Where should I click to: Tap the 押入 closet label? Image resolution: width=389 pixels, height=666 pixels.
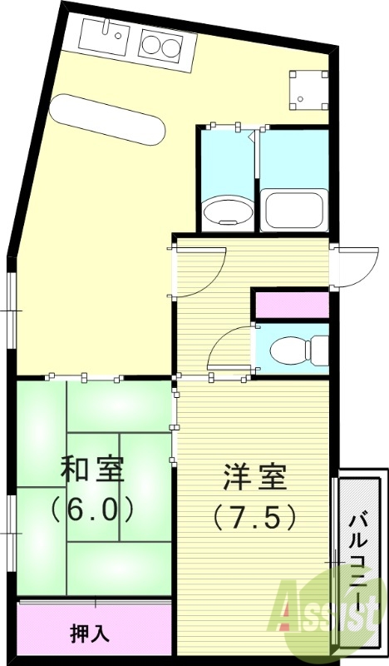pyautogui.click(x=89, y=634)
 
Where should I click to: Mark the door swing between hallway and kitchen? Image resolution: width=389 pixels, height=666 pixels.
pyautogui.click(x=199, y=271)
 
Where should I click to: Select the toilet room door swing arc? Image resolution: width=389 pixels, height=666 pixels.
pyautogui.click(x=228, y=350)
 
